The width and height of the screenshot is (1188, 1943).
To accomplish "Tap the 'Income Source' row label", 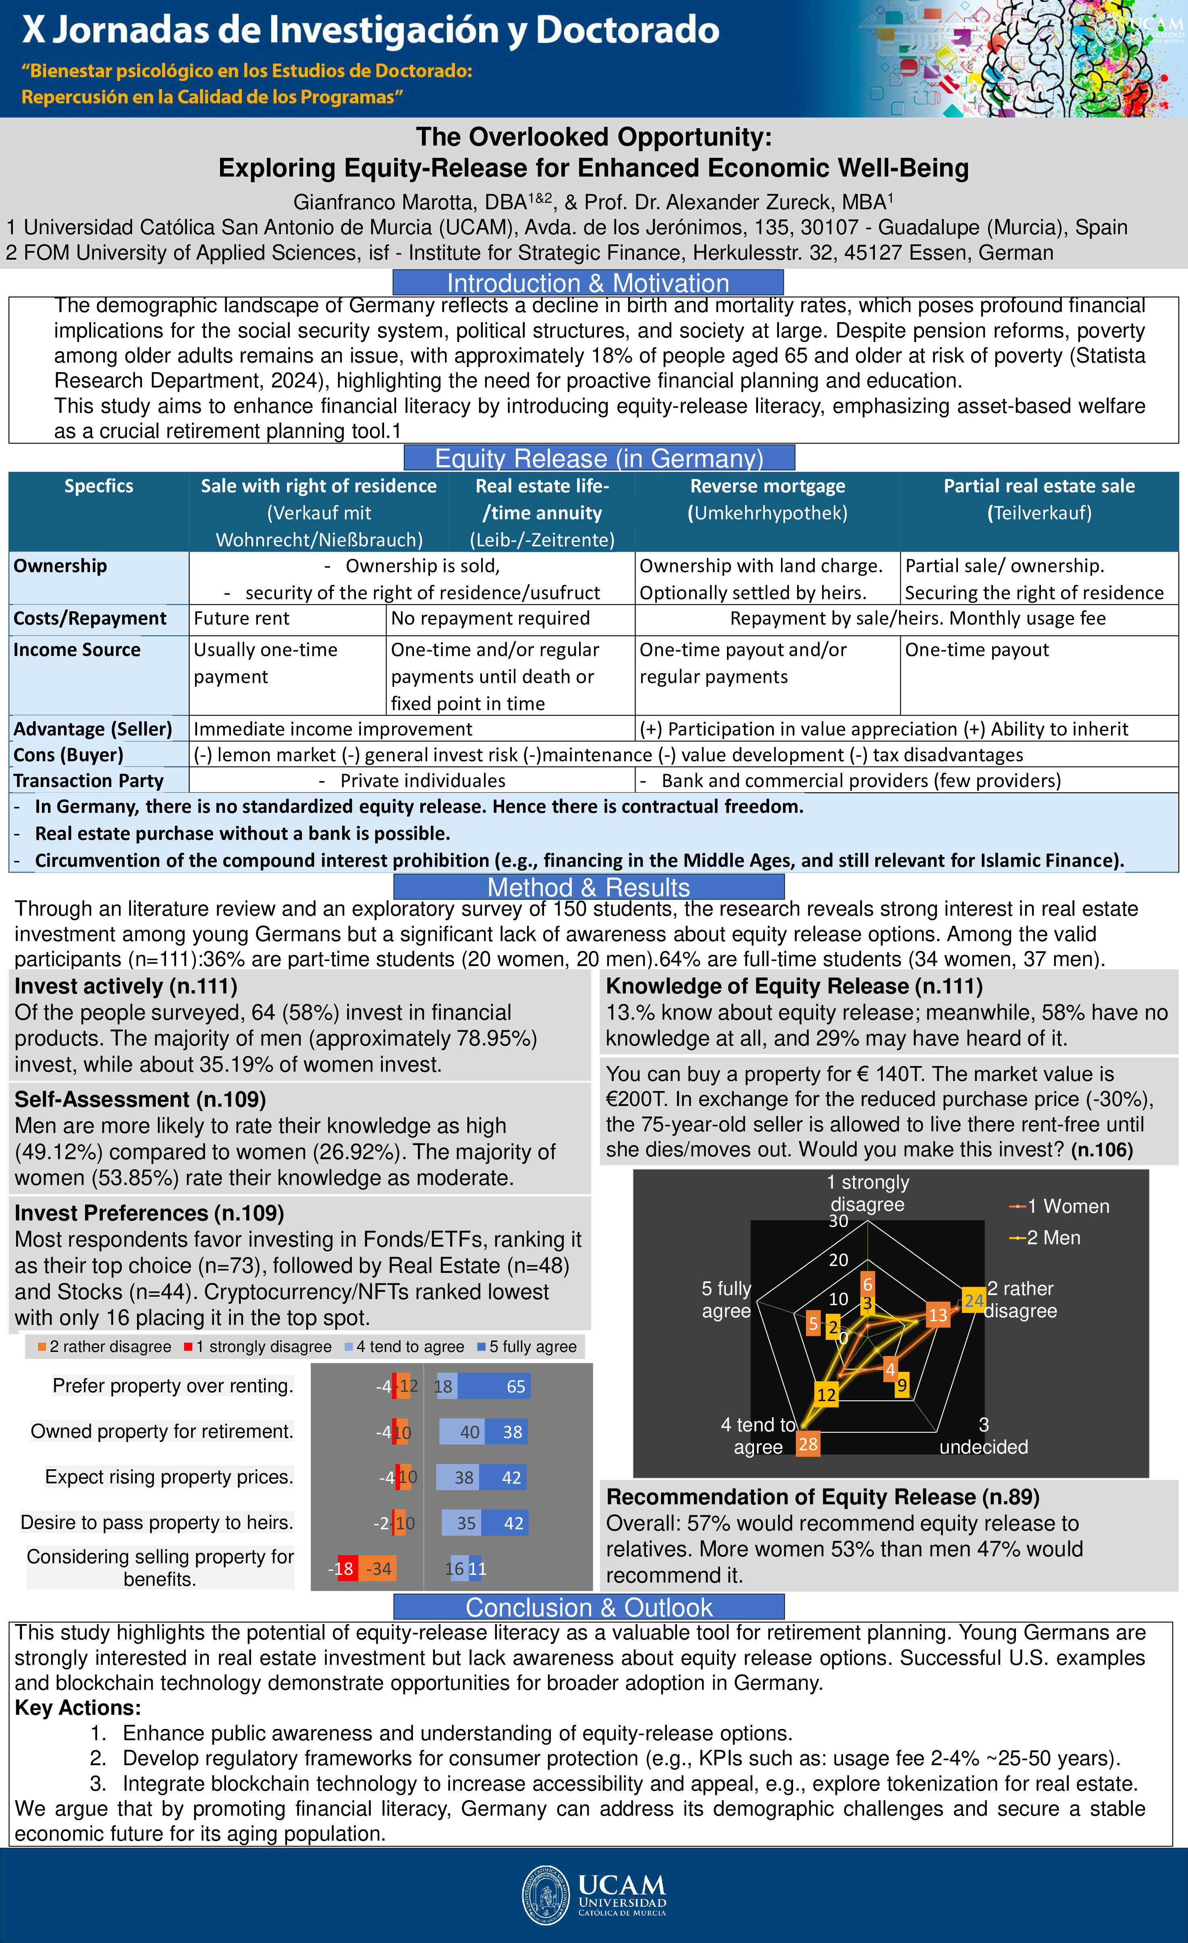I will click(77, 650).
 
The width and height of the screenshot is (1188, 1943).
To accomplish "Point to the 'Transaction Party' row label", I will click(88, 781).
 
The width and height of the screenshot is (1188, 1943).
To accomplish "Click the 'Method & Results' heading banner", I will click(588, 887).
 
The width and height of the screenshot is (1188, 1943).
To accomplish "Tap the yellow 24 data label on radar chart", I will click(974, 1301).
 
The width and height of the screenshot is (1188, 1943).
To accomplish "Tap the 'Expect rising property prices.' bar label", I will click(169, 1477).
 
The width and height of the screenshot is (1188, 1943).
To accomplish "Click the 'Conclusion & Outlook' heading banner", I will click(588, 1607).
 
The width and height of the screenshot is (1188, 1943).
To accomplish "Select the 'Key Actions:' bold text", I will click(77, 1708).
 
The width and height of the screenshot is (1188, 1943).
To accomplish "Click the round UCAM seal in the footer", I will click(546, 1895).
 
